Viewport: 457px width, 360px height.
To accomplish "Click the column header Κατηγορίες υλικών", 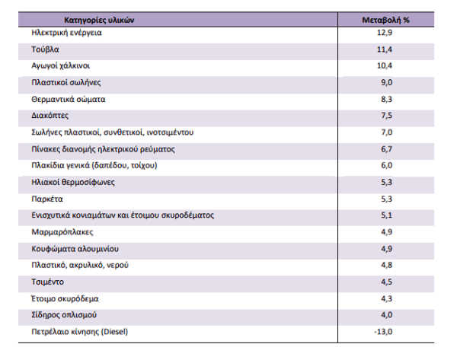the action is [x=99, y=20].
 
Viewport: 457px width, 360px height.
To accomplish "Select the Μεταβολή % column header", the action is [x=385, y=20].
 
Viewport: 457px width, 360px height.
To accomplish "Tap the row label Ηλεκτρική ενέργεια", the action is [x=66, y=33].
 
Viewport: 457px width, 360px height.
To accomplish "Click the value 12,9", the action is [x=385, y=33].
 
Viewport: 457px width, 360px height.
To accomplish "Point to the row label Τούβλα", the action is [x=45, y=49].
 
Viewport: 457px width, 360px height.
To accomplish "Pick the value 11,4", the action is [x=385, y=49].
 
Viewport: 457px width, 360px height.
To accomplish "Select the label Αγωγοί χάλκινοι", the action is [x=61, y=65].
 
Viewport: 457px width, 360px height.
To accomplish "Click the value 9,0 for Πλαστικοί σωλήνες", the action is [x=386, y=82].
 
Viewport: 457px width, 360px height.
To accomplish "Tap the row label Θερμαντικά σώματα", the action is [x=69, y=99].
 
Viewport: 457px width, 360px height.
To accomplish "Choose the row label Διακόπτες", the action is [x=50, y=116].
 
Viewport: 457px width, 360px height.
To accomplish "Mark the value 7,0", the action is [x=386, y=132].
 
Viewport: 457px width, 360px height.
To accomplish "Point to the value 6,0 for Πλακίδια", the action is [x=386, y=165].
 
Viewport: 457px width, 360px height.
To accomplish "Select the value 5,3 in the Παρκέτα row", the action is [x=386, y=199].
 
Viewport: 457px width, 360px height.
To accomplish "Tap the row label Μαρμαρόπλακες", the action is [x=62, y=232].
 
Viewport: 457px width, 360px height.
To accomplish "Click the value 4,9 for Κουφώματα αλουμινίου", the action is [x=386, y=249].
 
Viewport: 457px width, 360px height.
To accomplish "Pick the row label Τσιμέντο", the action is [x=47, y=282].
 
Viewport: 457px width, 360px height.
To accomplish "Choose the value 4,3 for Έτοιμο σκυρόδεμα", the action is [x=386, y=299].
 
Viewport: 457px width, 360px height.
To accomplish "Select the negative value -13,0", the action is [x=383, y=332].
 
